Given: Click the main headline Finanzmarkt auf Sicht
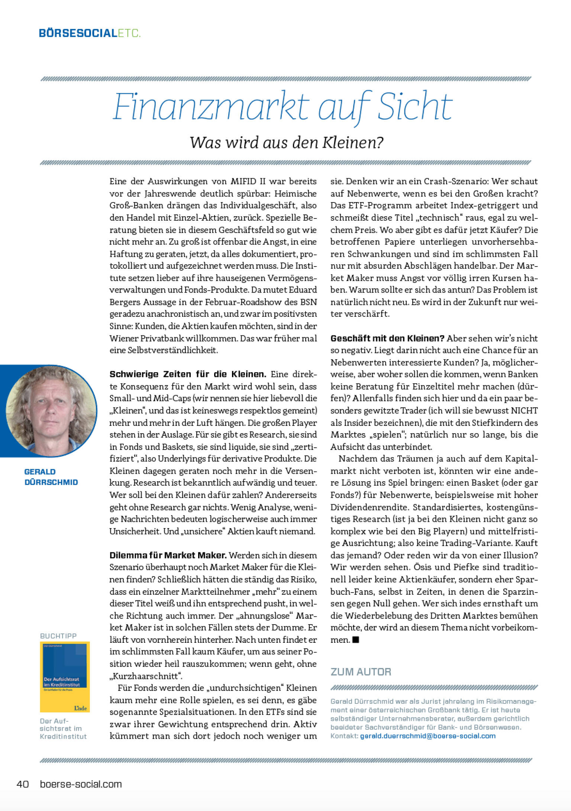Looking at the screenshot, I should coord(283,107).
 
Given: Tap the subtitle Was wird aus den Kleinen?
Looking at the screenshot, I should coord(286,143).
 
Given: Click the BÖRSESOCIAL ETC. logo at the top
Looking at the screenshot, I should coord(90,33).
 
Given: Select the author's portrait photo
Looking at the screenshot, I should coord(51,410).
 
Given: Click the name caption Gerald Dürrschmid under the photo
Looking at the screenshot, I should coord(51,477).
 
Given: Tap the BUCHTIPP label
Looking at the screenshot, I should coord(58,636).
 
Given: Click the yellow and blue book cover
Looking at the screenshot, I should coord(65,676).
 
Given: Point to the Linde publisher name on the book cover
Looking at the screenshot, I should coord(80,708).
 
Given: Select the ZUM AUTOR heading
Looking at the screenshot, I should coord(361,672).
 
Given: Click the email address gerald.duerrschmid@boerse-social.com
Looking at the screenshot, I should coord(428,736).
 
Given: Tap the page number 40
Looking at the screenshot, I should coord(23,784).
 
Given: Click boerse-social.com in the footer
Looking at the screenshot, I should coord(81,784).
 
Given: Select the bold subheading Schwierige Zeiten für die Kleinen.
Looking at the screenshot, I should coord(188,374).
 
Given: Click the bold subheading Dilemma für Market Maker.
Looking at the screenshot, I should coord(168,555).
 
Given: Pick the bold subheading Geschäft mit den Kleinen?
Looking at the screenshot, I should coord(387,338).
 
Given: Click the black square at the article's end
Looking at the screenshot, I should coord(356,640).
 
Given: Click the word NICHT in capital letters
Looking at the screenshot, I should coord(524,411).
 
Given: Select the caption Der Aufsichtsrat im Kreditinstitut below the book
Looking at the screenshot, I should coord(63,728).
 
